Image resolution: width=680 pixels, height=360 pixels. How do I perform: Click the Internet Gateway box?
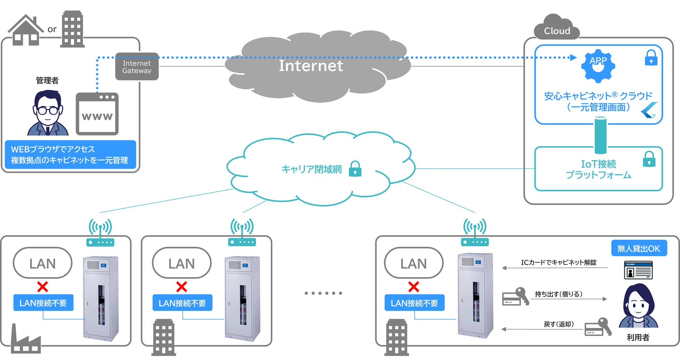(x=137, y=67)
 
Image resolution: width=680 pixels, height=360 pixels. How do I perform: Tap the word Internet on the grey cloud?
(x=311, y=66)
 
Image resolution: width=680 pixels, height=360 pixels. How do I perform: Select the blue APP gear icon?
(x=598, y=66)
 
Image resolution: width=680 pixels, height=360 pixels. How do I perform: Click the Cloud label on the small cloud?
(x=557, y=31)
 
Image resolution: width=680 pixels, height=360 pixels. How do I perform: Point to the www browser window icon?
(x=97, y=114)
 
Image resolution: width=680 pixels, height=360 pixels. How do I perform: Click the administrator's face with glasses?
(x=48, y=110)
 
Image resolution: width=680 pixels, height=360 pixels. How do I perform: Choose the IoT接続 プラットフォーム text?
(x=598, y=169)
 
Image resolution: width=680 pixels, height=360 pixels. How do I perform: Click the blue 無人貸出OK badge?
(x=639, y=248)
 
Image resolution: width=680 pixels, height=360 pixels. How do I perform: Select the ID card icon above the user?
(x=638, y=270)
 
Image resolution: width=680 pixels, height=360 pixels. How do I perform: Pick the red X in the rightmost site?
(x=414, y=287)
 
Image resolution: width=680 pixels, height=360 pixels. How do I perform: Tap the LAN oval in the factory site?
(x=43, y=263)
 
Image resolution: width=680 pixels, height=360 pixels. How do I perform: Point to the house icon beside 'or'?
(x=25, y=31)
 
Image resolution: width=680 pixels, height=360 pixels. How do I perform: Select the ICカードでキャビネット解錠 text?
(x=558, y=262)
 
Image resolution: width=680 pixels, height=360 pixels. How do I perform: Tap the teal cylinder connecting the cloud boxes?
(x=600, y=135)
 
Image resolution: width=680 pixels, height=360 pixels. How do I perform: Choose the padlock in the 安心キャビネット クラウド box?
(x=651, y=58)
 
